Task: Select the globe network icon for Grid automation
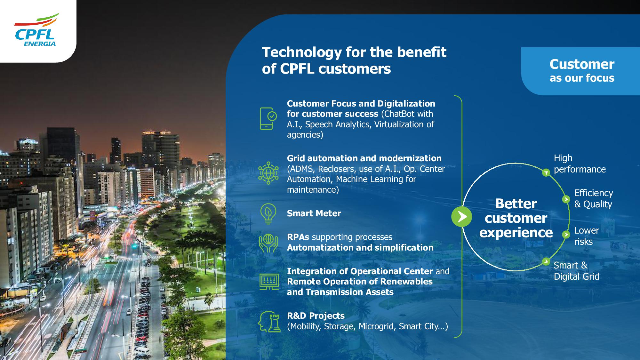268,173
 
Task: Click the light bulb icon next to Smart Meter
268,213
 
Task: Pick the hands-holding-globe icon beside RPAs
268,243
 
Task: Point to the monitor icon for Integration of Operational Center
269,282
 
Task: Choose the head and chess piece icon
269,321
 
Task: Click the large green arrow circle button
461,217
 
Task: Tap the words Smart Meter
314,213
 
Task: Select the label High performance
580,164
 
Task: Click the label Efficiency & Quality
594,198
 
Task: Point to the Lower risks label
587,236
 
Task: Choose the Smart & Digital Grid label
576,271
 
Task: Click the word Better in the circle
516,204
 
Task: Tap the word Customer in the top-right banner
582,64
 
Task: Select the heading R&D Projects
316,316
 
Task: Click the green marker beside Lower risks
566,235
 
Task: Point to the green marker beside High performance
546,173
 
